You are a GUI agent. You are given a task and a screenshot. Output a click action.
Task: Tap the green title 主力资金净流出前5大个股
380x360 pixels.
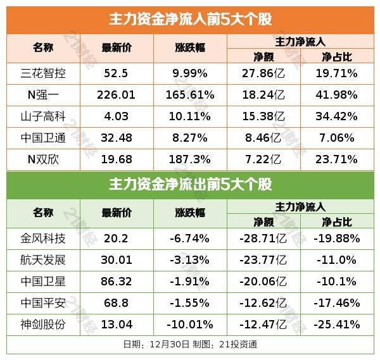point(190,185)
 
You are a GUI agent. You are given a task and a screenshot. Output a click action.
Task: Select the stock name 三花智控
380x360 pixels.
point(43,73)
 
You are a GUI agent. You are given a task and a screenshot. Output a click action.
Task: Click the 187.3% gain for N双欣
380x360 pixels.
point(190,159)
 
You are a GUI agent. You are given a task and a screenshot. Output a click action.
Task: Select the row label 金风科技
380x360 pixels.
point(43,239)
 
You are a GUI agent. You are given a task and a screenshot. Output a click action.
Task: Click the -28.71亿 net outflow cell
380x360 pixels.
point(262,239)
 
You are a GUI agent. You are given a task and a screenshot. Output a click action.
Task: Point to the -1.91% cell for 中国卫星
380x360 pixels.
point(190,283)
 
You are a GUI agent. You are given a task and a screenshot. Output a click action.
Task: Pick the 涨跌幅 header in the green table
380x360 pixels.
point(190,214)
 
